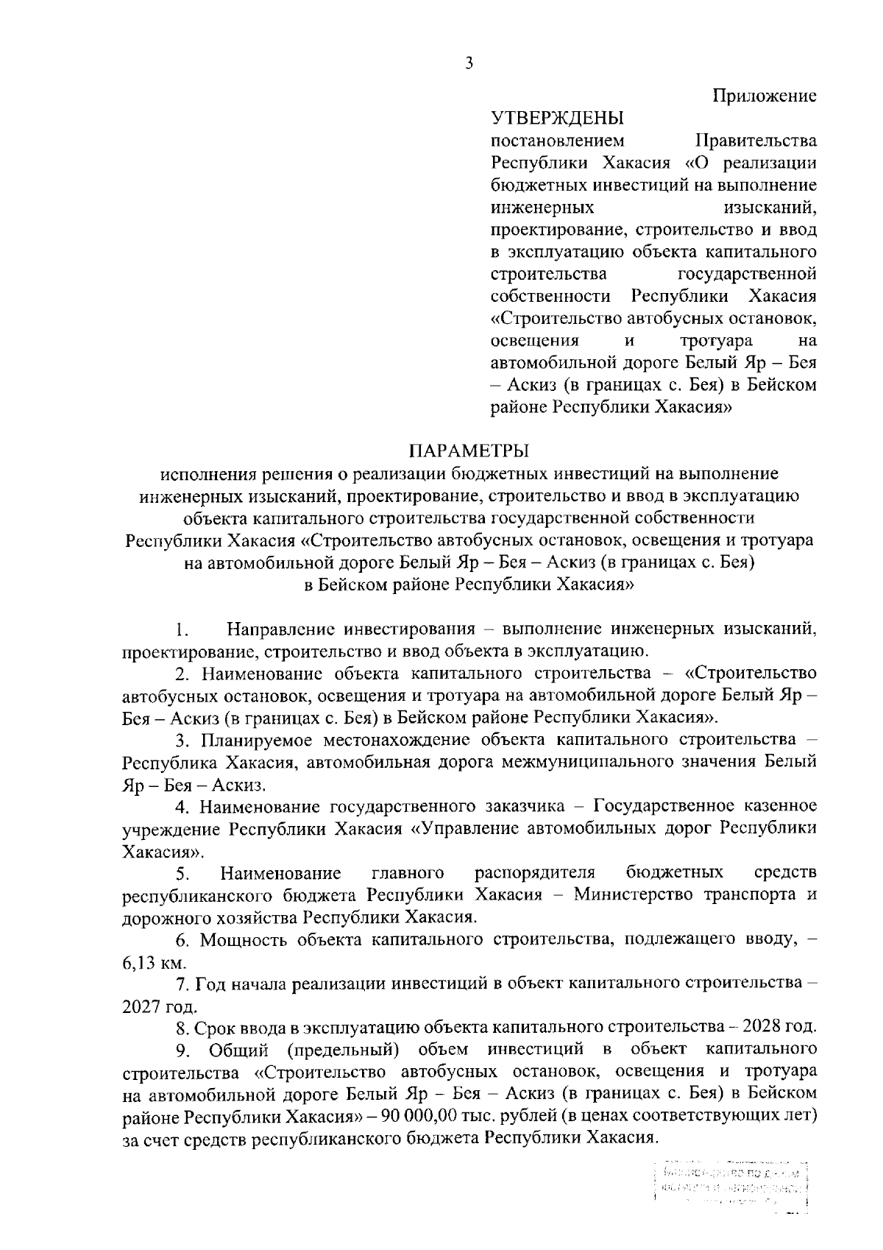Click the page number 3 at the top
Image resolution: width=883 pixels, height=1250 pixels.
click(469, 64)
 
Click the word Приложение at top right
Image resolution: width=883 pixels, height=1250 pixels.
click(764, 96)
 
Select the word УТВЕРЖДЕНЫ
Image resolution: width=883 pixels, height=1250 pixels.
click(557, 118)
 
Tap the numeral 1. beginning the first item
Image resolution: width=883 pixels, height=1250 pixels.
click(183, 631)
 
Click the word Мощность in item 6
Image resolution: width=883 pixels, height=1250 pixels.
click(244, 940)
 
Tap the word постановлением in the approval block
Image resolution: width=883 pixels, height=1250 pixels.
click(557, 140)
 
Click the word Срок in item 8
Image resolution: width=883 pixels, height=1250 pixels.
click(215, 1026)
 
